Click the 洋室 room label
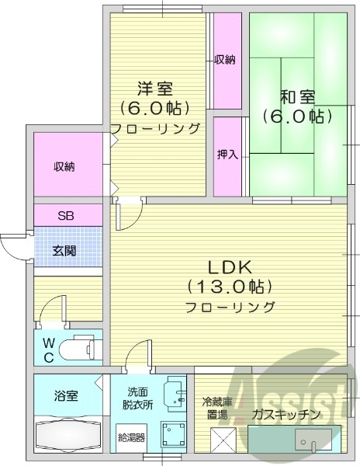(x=155, y=88)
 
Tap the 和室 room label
(x=296, y=98)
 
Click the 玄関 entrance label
(x=64, y=250)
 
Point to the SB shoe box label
(x=65, y=215)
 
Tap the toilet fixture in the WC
(x=81, y=347)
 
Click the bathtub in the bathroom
(x=67, y=433)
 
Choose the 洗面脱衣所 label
(x=135, y=398)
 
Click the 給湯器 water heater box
(x=130, y=437)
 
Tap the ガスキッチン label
(x=287, y=415)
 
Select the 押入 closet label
(x=227, y=155)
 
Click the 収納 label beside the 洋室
(x=225, y=60)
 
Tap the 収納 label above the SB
(x=65, y=166)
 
